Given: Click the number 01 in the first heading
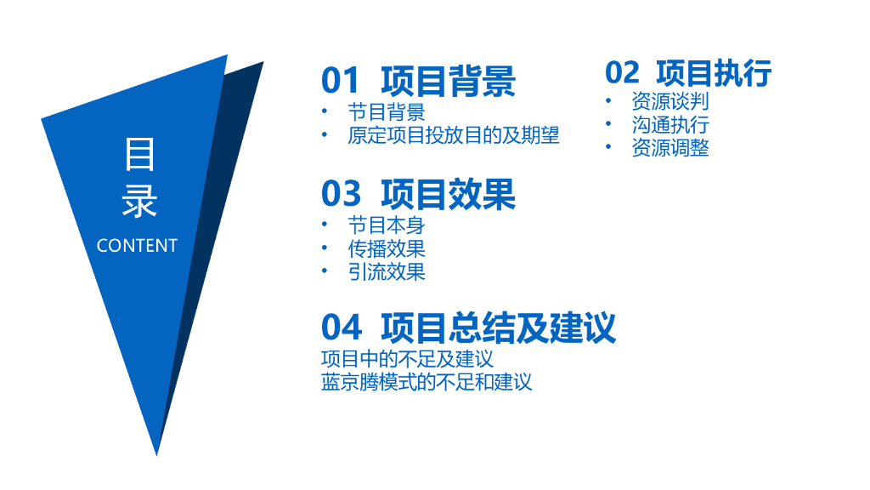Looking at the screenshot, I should pyautogui.click(x=341, y=81).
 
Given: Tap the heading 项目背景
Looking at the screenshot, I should pyautogui.click(x=448, y=81).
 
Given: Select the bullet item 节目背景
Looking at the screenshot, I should pyautogui.click(x=386, y=112).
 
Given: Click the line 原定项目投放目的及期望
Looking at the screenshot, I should pyautogui.click(x=454, y=135).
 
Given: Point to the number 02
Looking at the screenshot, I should pyautogui.click(x=623, y=73).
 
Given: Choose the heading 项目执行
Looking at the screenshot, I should pyautogui.click(x=714, y=73).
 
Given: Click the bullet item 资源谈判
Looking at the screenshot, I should pyautogui.click(x=669, y=101).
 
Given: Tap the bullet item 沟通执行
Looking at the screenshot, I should pyautogui.click(x=669, y=124).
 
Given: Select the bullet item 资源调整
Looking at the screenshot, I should pyautogui.click(x=669, y=147).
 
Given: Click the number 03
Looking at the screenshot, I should pyautogui.click(x=341, y=195).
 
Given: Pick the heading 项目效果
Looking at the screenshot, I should pyautogui.click(x=448, y=195).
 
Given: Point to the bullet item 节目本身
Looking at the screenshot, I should pyautogui.click(x=386, y=225).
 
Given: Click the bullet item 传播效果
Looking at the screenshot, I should pyautogui.click(x=386, y=248).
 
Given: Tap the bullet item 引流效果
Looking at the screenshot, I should pyautogui.click(x=386, y=271).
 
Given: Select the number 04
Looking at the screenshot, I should pyautogui.click(x=341, y=328).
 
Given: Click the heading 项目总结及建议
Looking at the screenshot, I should pyautogui.click(x=498, y=328).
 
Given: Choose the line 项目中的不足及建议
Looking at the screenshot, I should pyautogui.click(x=407, y=359).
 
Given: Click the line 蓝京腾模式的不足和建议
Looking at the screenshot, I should pyautogui.click(x=427, y=382).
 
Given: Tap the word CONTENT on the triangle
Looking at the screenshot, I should pyautogui.click(x=137, y=246).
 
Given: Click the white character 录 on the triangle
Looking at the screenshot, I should pyautogui.click(x=139, y=202).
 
